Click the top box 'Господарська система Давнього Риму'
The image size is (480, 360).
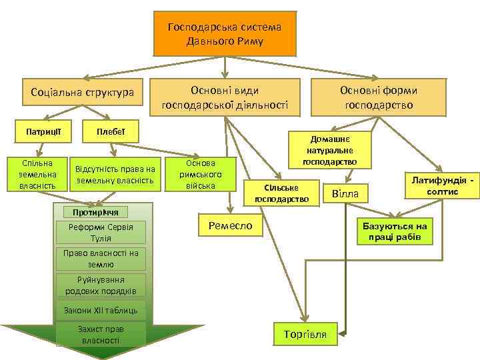click(225, 34)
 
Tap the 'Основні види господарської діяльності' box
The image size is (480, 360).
click(225, 97)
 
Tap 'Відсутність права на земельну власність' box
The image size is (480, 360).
click(115, 175)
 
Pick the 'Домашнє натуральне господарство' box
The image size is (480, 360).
click(329, 149)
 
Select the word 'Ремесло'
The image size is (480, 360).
click(231, 225)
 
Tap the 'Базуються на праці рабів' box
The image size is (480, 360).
click(395, 232)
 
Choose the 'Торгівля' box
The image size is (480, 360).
click(305, 334)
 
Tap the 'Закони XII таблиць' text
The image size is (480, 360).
click(101, 310)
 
